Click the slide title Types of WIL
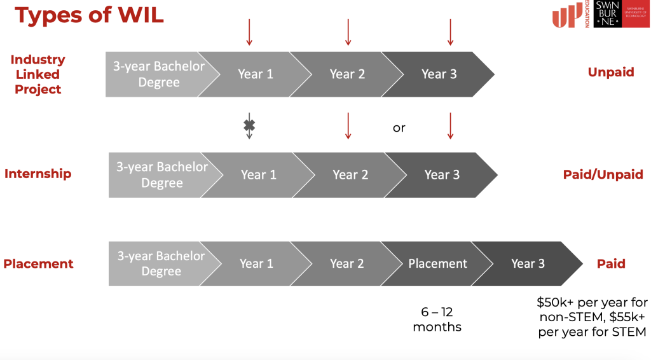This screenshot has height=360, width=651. pos(89,15)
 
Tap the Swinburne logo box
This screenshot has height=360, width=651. pos(621,14)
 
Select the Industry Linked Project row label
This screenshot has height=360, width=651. pos(38,74)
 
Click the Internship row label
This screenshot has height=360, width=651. pos(38,174)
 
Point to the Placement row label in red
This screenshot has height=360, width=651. pos(38,264)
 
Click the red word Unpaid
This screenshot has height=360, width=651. pos(611,73)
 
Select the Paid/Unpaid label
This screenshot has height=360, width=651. pos(603,174)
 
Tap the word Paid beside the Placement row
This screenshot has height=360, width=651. pos(611,264)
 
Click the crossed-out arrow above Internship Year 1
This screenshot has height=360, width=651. pos(249,126)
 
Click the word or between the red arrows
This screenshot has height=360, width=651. pos(399,128)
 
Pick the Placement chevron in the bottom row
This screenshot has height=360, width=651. pos(437,264)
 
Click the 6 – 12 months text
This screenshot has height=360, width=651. pos(437,319)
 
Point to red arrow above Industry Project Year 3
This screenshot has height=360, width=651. pos(451,32)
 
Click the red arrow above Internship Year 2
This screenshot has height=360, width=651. pos(348,126)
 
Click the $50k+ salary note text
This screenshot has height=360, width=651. pos(592,317)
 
